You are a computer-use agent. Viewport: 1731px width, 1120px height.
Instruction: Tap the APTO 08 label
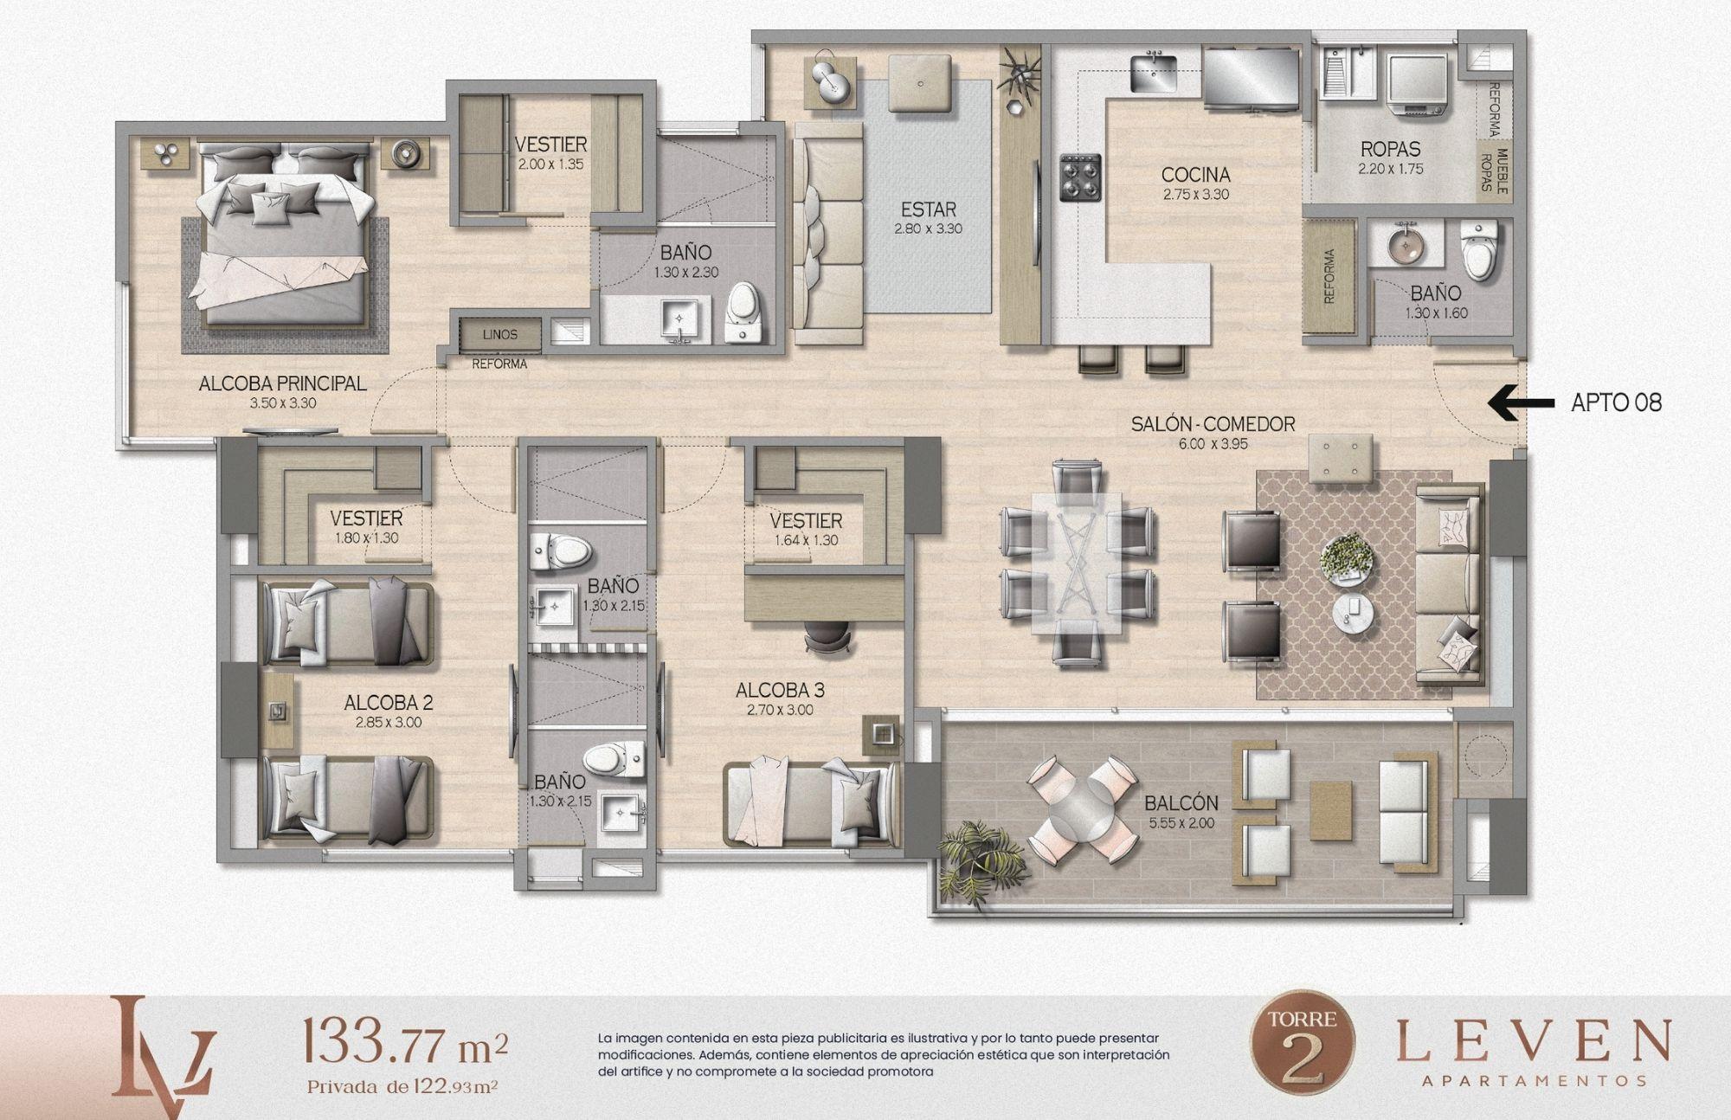pos(1616,402)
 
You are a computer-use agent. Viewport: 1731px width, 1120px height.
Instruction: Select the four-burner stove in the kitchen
pos(1080,177)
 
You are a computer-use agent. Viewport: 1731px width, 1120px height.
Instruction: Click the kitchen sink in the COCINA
pos(1153,69)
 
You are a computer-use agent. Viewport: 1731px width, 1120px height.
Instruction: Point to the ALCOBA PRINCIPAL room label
pos(283,383)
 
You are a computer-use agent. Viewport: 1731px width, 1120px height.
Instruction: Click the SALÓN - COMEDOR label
pos(1213,424)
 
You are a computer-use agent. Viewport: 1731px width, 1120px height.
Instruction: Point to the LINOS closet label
pos(500,334)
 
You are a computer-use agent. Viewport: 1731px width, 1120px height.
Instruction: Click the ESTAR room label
pos(928,209)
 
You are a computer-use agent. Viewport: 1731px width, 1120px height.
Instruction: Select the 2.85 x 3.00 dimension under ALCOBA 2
pos(388,722)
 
